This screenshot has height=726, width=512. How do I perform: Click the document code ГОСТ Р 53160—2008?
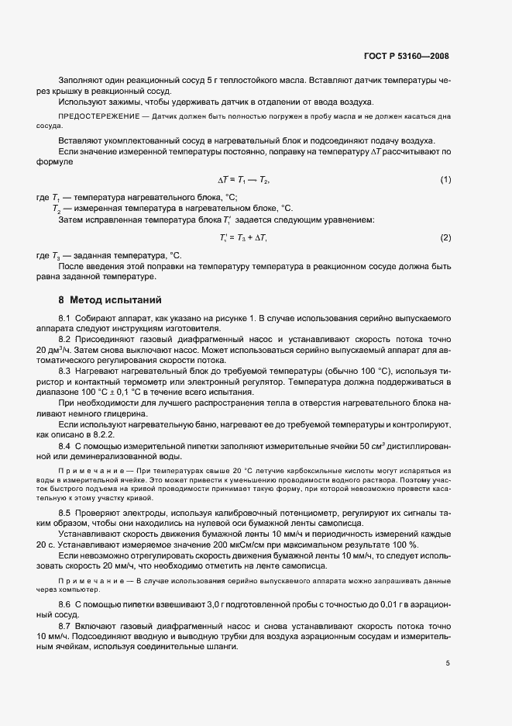pos(406,56)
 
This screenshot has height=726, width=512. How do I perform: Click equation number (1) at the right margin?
pos(445,180)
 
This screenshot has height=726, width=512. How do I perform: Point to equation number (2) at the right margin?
pos(445,237)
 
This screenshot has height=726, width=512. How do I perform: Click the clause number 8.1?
pos(65,320)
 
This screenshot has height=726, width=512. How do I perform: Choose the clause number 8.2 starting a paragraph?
pos(65,340)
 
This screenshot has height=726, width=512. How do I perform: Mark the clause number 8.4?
pos(65,447)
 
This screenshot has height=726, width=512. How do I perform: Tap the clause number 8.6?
pos(65,582)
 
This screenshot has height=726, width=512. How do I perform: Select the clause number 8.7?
pos(65,603)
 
